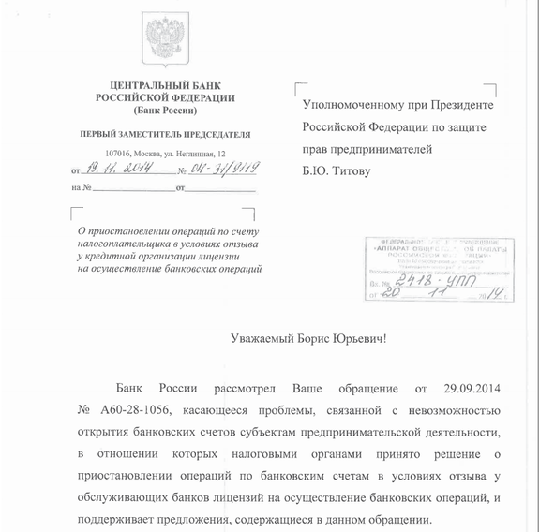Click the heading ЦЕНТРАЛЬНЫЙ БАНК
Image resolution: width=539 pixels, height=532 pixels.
[164, 85]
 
